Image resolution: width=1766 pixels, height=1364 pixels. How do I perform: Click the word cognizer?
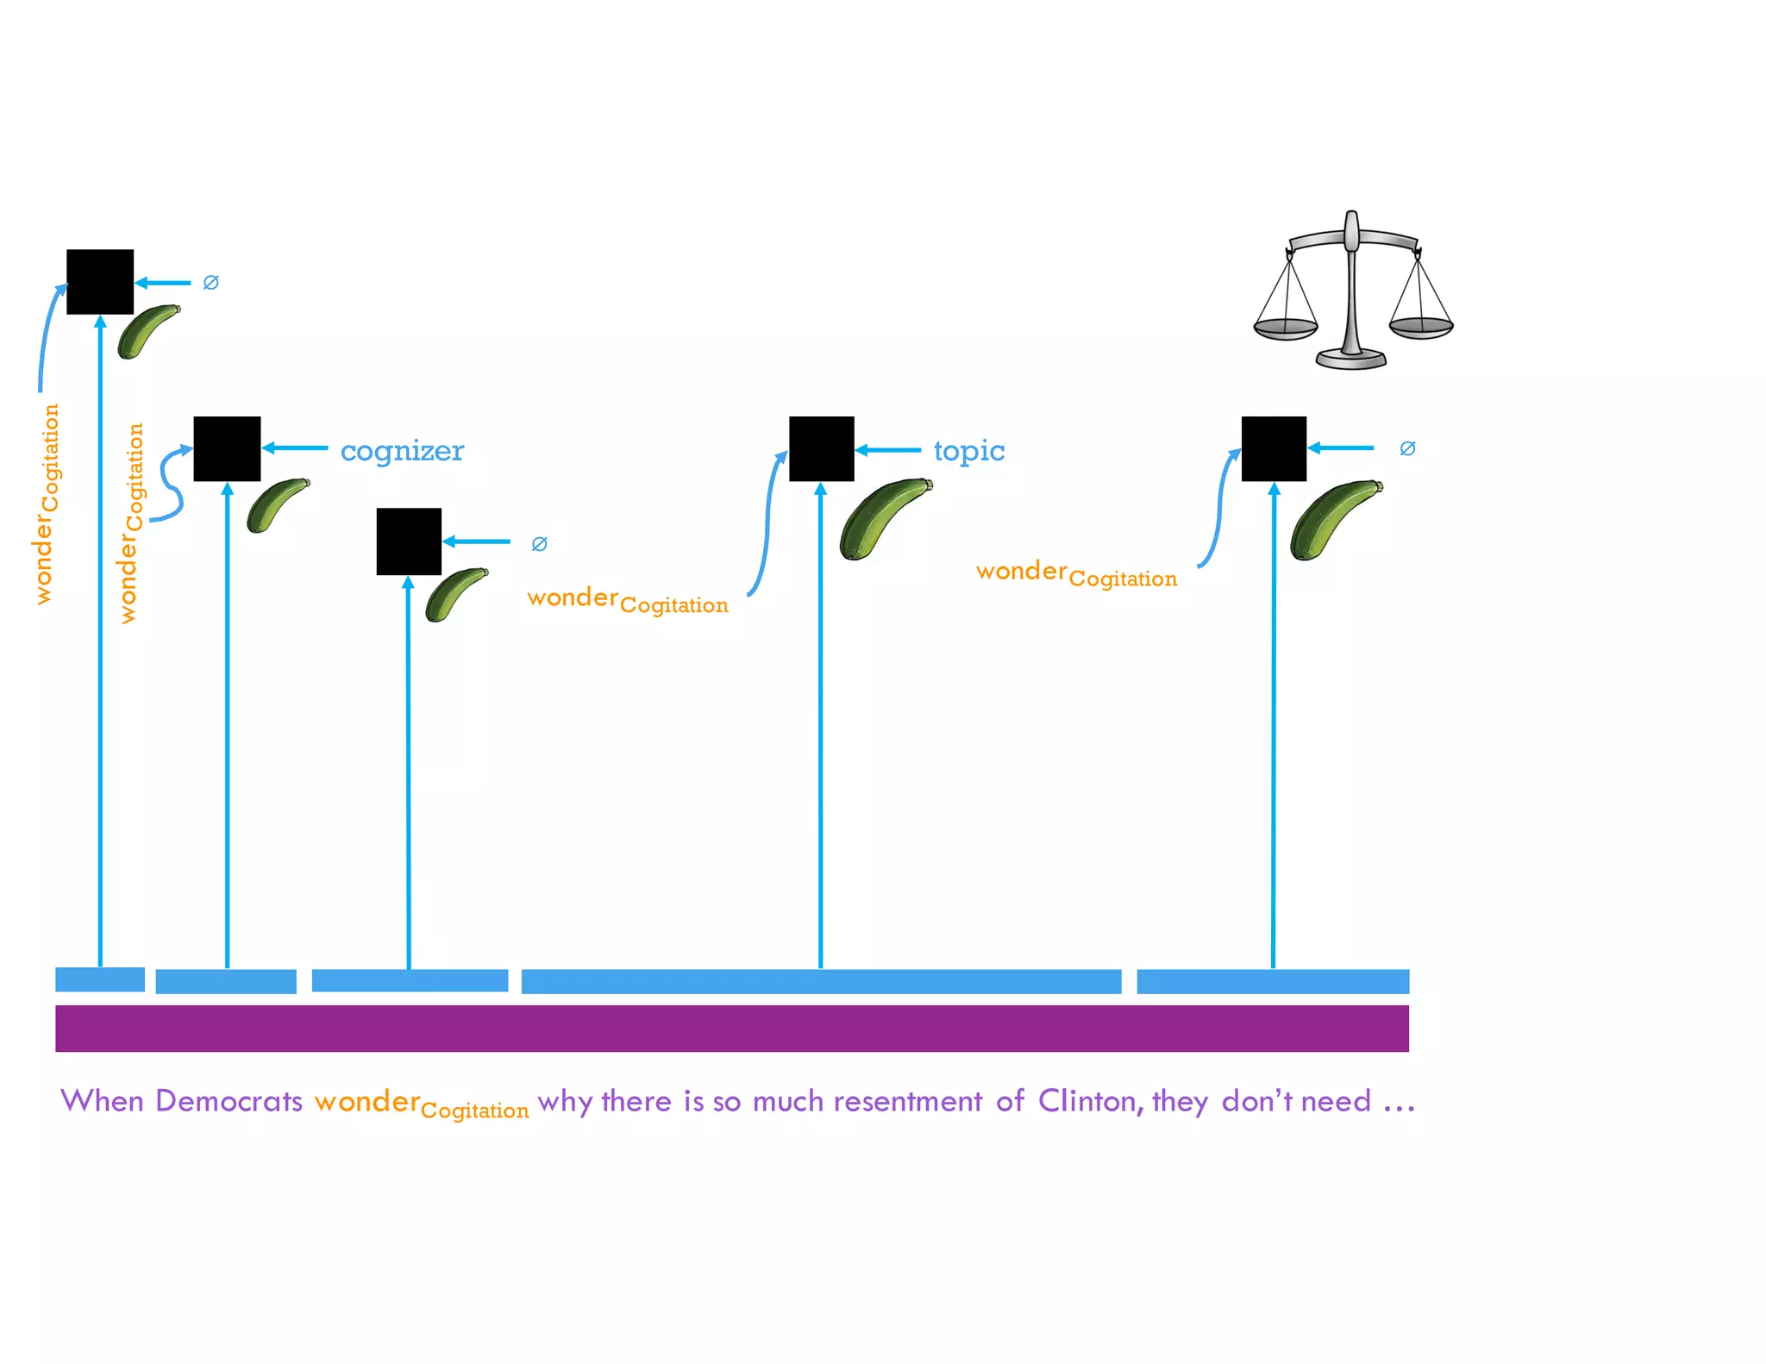pos(402,451)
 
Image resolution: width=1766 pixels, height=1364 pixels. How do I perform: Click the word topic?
pos(968,451)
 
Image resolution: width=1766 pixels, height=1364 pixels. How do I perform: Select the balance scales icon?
pos(1352,291)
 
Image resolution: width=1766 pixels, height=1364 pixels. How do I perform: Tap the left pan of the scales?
pos(1285,328)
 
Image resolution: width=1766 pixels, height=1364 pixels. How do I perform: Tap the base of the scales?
pos(1351,358)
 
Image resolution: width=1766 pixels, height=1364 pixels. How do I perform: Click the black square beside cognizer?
pos(227,448)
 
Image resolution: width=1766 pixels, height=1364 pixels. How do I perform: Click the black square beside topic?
pos(821,448)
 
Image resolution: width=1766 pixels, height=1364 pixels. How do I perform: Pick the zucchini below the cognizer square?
pos(276,505)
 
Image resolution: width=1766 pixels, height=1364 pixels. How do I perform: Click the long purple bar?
pos(731,1028)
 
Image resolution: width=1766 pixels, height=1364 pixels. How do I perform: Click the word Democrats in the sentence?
pos(229,1101)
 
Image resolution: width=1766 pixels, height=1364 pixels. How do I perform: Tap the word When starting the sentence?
pos(102,1101)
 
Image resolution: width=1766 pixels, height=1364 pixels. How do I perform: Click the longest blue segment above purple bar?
pos(821,981)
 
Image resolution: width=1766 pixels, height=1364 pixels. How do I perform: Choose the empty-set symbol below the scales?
pos(1407,448)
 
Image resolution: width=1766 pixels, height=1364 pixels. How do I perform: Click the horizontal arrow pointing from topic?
pos(888,450)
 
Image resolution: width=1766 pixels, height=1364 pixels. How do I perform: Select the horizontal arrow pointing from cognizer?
pos(295,448)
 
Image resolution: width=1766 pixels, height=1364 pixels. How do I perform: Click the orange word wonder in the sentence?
pos(366,1101)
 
